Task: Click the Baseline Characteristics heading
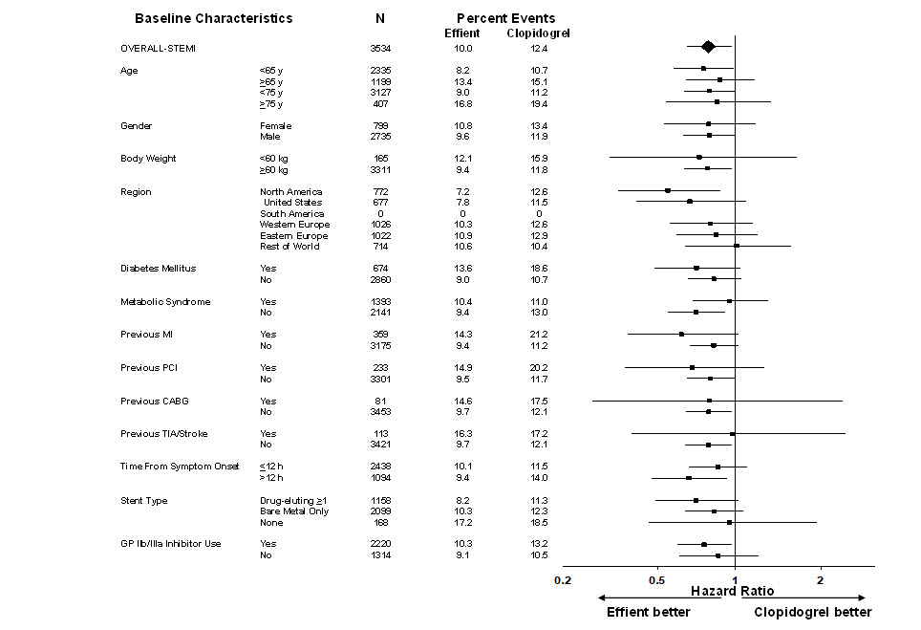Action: (213, 18)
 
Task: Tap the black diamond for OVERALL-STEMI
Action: (708, 47)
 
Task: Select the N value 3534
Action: (381, 48)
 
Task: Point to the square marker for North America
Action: (668, 191)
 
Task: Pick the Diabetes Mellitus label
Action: (158, 269)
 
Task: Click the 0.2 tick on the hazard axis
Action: (563, 579)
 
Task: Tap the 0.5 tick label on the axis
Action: (657, 579)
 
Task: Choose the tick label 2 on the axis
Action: (820, 579)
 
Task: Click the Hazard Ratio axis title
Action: (733, 593)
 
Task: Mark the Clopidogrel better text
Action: (812, 613)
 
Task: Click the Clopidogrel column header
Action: (539, 33)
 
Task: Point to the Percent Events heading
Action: (505, 18)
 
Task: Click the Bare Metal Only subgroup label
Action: (293, 511)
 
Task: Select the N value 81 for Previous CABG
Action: (381, 401)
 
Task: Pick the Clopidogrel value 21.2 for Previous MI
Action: (539, 335)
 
